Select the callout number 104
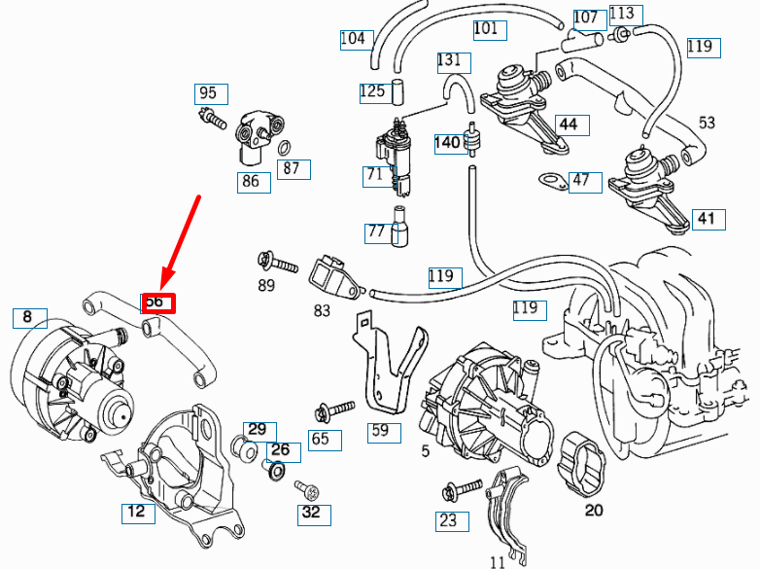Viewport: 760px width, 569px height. [355, 39]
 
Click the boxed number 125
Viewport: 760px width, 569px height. [373, 92]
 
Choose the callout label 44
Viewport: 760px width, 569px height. [570, 124]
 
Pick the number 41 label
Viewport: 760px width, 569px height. [707, 219]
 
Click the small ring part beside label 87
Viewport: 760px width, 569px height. [284, 148]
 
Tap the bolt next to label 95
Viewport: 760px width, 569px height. [212, 121]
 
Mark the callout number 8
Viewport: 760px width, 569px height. [28, 317]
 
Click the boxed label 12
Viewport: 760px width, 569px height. [138, 513]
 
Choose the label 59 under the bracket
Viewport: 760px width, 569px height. [384, 432]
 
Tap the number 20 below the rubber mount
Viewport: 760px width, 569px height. [594, 509]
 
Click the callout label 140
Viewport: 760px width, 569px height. [447, 143]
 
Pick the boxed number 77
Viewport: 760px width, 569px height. [376, 231]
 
